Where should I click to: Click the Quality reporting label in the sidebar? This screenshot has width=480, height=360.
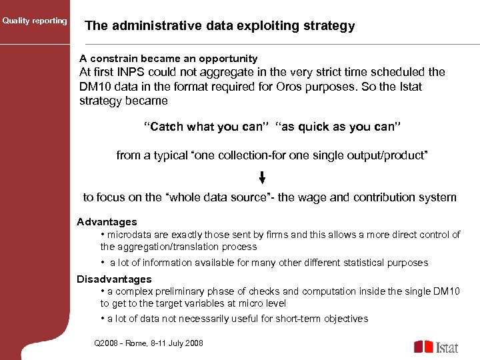(x=34, y=21)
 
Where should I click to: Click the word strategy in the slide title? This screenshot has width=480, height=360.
(x=328, y=27)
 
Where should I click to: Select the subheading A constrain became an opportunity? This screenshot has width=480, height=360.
(x=168, y=59)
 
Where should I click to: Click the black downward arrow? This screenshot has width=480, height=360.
(x=262, y=177)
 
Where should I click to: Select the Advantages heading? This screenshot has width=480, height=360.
(x=107, y=222)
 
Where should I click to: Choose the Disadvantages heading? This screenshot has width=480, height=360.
(x=114, y=279)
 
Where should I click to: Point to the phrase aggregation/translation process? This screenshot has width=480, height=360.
(x=179, y=247)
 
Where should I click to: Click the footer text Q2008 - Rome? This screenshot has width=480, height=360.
(x=127, y=343)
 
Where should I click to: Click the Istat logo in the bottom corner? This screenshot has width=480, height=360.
(x=436, y=346)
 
